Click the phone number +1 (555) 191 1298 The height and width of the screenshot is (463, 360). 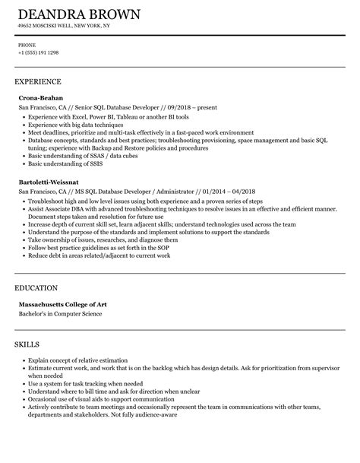tap(39, 52)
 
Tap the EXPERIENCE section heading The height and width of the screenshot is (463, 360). tap(37, 81)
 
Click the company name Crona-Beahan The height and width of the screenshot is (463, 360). tap(40, 98)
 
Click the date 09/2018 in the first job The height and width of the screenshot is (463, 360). tap(171, 109)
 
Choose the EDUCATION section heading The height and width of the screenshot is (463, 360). tap(36, 288)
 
